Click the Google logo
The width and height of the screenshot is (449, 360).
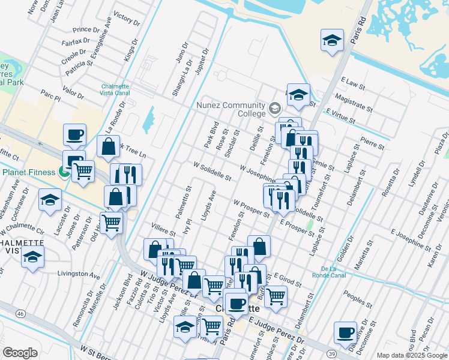click(x=20, y=352)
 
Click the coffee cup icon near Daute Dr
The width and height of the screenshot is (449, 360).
click(x=346, y=333)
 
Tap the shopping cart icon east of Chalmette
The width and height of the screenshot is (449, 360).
click(x=276, y=296)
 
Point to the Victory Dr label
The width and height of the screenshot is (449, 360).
click(x=126, y=18)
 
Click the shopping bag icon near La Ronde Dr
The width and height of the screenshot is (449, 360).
click(x=108, y=146)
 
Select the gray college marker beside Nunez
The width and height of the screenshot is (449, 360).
click(x=275, y=109)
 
